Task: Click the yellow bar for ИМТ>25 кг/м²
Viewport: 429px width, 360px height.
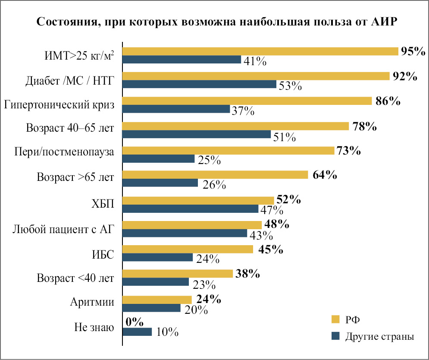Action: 260,51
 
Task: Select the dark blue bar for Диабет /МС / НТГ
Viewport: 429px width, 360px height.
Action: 200,85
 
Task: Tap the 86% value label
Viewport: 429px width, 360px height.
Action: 387,102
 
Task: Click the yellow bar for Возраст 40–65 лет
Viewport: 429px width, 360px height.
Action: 236,126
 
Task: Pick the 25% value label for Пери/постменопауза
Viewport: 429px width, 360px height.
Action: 210,161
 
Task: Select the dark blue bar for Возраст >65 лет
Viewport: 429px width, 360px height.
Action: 160,183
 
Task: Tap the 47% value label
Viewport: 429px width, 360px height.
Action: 271,211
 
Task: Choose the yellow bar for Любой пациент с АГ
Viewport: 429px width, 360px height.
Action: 192,225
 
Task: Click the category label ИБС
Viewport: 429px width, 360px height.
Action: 103,254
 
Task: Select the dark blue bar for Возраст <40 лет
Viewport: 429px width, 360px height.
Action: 156,282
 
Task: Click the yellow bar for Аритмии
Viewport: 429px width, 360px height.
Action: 157,300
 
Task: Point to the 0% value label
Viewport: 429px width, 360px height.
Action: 134,322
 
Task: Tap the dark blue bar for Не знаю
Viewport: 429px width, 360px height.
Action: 138,332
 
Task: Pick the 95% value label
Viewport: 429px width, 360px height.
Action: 413,51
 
